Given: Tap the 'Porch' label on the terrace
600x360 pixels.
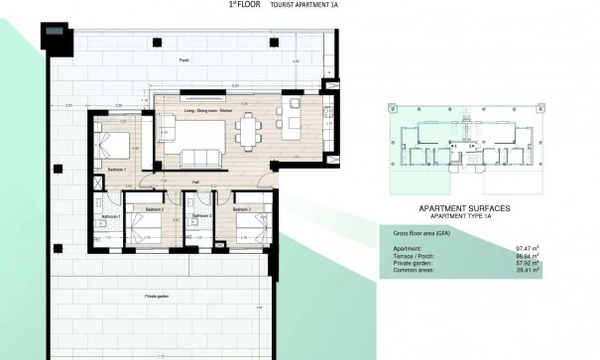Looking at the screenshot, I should pos(183,60).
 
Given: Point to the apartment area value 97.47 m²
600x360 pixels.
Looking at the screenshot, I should pos(528,248).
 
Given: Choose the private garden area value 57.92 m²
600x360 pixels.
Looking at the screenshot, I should pos(528,262).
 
